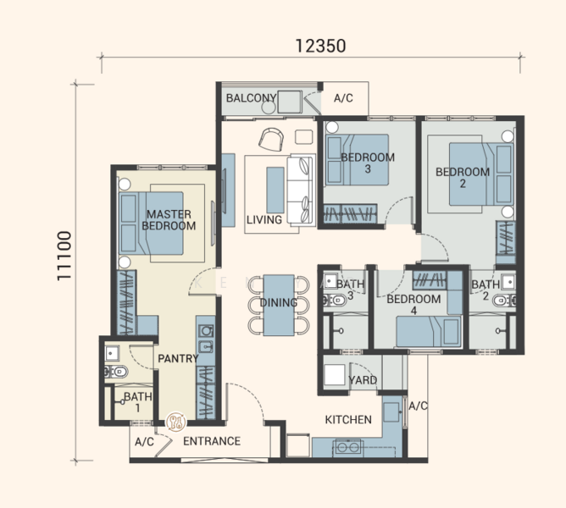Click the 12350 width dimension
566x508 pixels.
pos(320,47)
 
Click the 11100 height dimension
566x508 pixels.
pos(64,256)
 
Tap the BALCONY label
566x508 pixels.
pos(252,97)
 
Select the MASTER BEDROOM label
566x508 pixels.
pos(169,220)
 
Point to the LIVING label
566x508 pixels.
pos(264,220)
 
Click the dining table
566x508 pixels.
pos(278,306)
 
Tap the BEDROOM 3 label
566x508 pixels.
pos(368,163)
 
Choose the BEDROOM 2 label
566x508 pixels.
pos(463,178)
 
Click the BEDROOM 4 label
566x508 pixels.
pos(413,305)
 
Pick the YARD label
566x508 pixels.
pos(363,380)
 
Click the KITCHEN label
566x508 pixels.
pos(348,420)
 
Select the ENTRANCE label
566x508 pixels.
pos(212,441)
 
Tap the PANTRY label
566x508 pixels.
pos(178,359)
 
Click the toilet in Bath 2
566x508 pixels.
pos(504,301)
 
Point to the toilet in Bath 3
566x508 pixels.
pos(335,300)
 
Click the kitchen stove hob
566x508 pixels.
pos(348,447)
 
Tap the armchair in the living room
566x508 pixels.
pos(271,139)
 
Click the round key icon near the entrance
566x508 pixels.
pos(175,422)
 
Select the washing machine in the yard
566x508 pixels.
pos(335,375)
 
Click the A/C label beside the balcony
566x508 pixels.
pos(343,98)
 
